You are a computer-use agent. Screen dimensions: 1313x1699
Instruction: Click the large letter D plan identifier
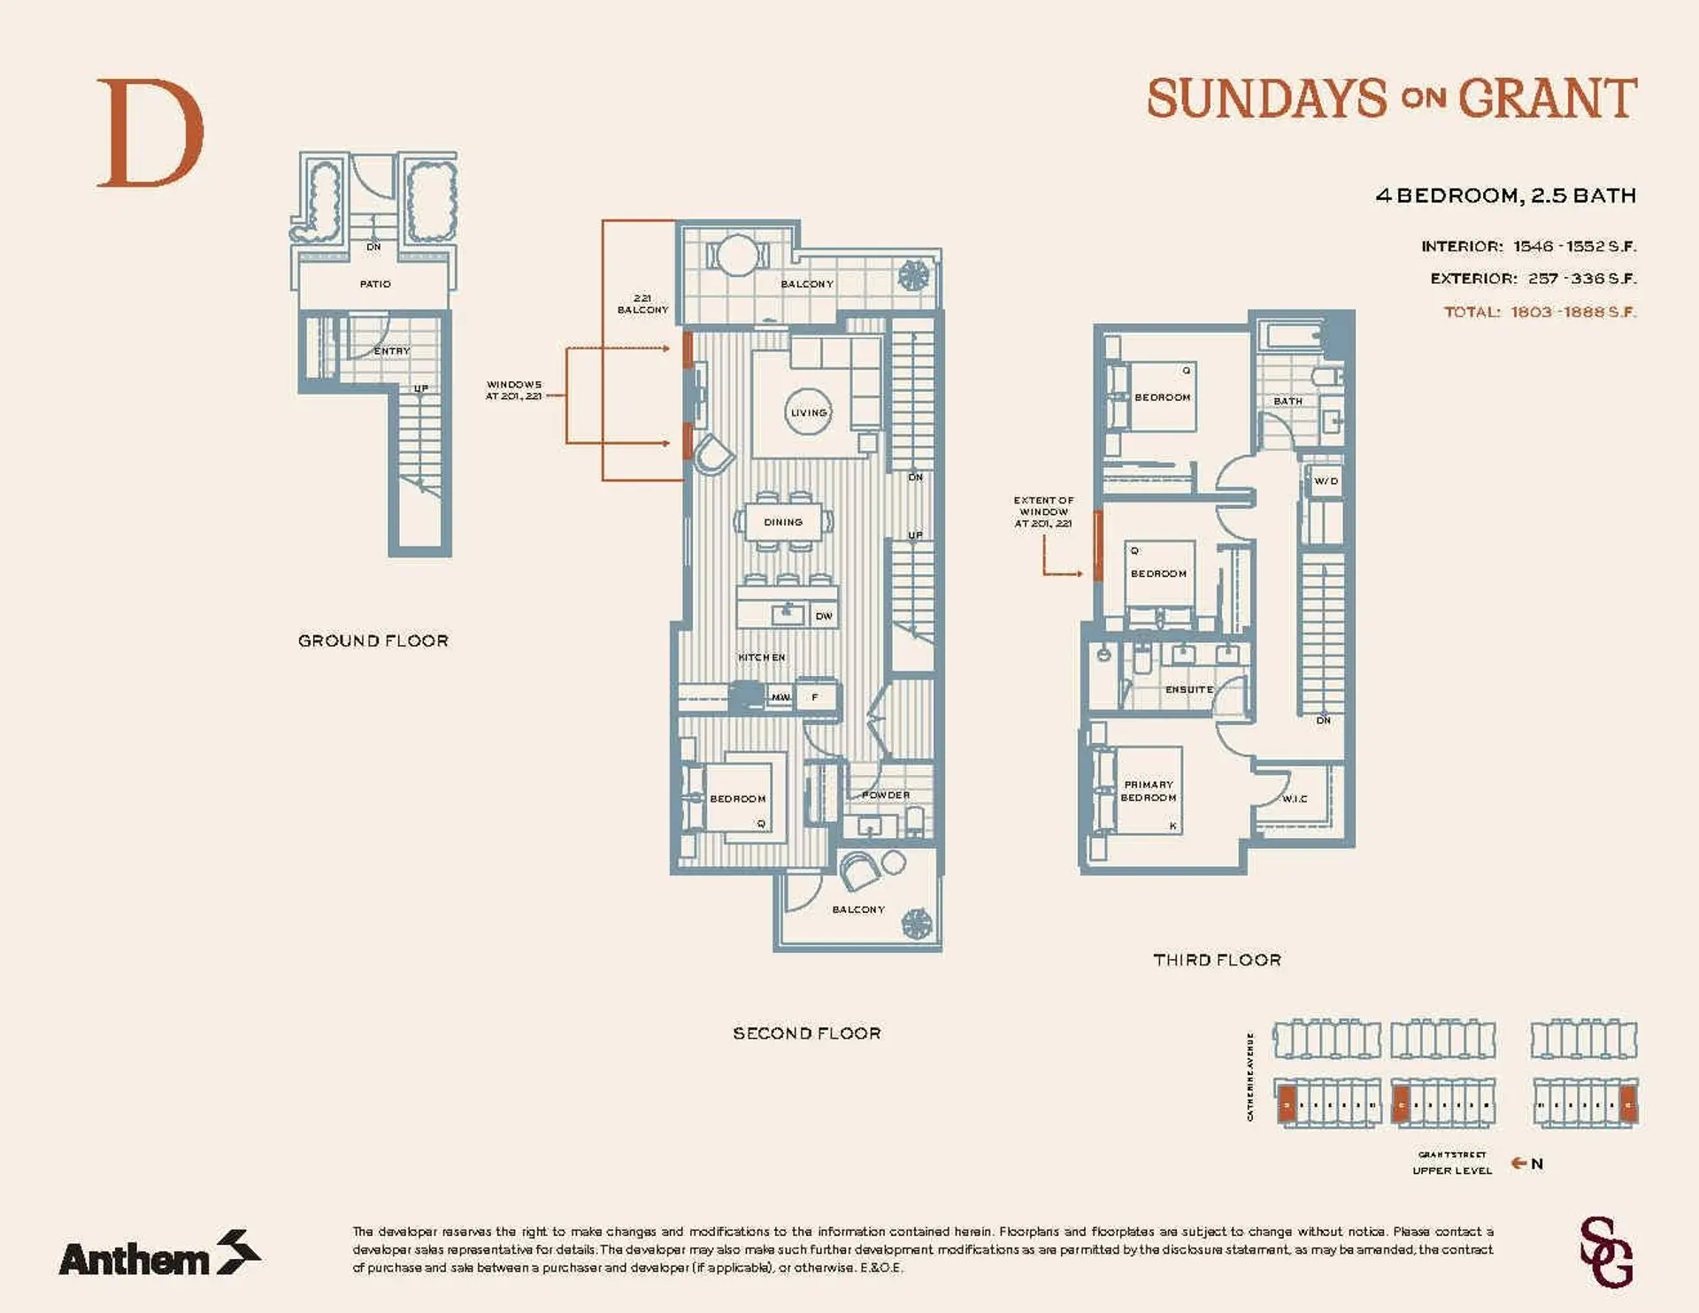coord(150,134)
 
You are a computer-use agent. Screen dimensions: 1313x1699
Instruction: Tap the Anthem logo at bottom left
coord(159,1255)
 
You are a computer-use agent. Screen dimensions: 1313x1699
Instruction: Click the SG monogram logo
coord(1605,1251)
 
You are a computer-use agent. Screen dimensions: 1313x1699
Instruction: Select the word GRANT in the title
coord(1547,98)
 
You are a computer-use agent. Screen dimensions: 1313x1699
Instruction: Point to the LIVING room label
coord(809,412)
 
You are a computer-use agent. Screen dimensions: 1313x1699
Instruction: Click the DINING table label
coord(783,522)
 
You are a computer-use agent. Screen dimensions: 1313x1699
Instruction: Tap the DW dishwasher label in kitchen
coord(824,616)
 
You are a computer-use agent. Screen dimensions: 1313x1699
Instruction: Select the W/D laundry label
coord(1326,481)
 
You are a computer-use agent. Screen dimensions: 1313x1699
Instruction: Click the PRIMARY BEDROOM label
coord(1149,791)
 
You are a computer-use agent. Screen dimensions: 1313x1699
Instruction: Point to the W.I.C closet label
coord(1295,799)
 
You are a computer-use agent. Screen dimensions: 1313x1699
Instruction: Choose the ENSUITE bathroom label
coord(1188,689)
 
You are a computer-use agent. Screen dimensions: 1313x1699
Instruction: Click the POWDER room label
coord(886,795)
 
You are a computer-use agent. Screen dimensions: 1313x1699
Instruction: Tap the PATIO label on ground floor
coord(375,284)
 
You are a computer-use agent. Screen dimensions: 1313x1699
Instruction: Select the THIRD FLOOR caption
coord(1217,960)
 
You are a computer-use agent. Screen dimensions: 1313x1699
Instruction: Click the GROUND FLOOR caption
coord(373,641)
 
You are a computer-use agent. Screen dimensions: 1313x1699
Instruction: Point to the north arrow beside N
coord(1518,1163)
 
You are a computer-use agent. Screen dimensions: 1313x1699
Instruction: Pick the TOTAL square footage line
coord(1540,311)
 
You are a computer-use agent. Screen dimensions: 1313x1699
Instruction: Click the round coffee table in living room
coord(809,411)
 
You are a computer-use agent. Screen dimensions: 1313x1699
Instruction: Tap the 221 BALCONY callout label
coord(642,303)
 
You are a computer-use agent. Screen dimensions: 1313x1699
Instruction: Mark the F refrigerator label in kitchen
coord(815,697)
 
